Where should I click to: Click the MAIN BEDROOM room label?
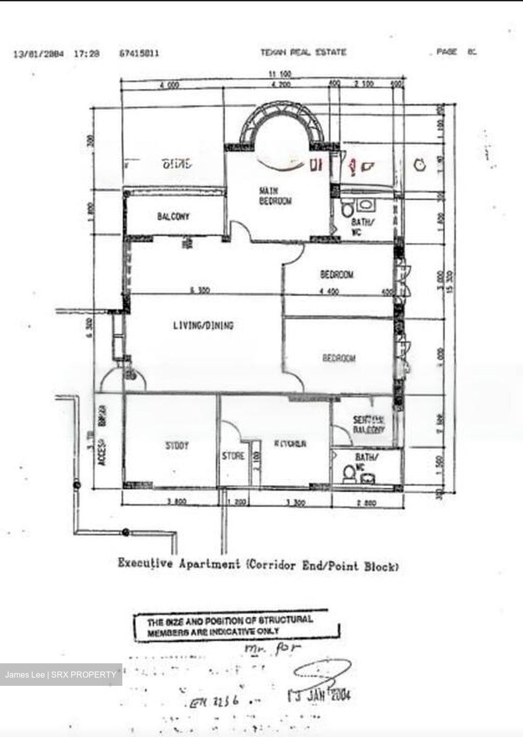point(275,196)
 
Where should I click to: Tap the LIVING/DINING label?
point(203,325)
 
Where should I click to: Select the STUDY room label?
point(177,446)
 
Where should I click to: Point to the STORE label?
point(233,456)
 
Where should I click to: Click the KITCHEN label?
point(290,444)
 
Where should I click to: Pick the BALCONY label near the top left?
point(173,216)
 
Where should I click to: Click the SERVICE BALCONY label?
point(369,425)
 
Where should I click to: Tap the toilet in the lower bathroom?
point(349,473)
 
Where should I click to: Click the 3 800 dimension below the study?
point(177,503)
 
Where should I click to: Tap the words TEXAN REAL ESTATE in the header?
point(303,52)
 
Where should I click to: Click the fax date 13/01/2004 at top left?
point(38,53)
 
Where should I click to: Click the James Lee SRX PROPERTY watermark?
point(61,675)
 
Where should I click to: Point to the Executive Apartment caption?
point(258,565)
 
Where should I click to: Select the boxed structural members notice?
point(236,626)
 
